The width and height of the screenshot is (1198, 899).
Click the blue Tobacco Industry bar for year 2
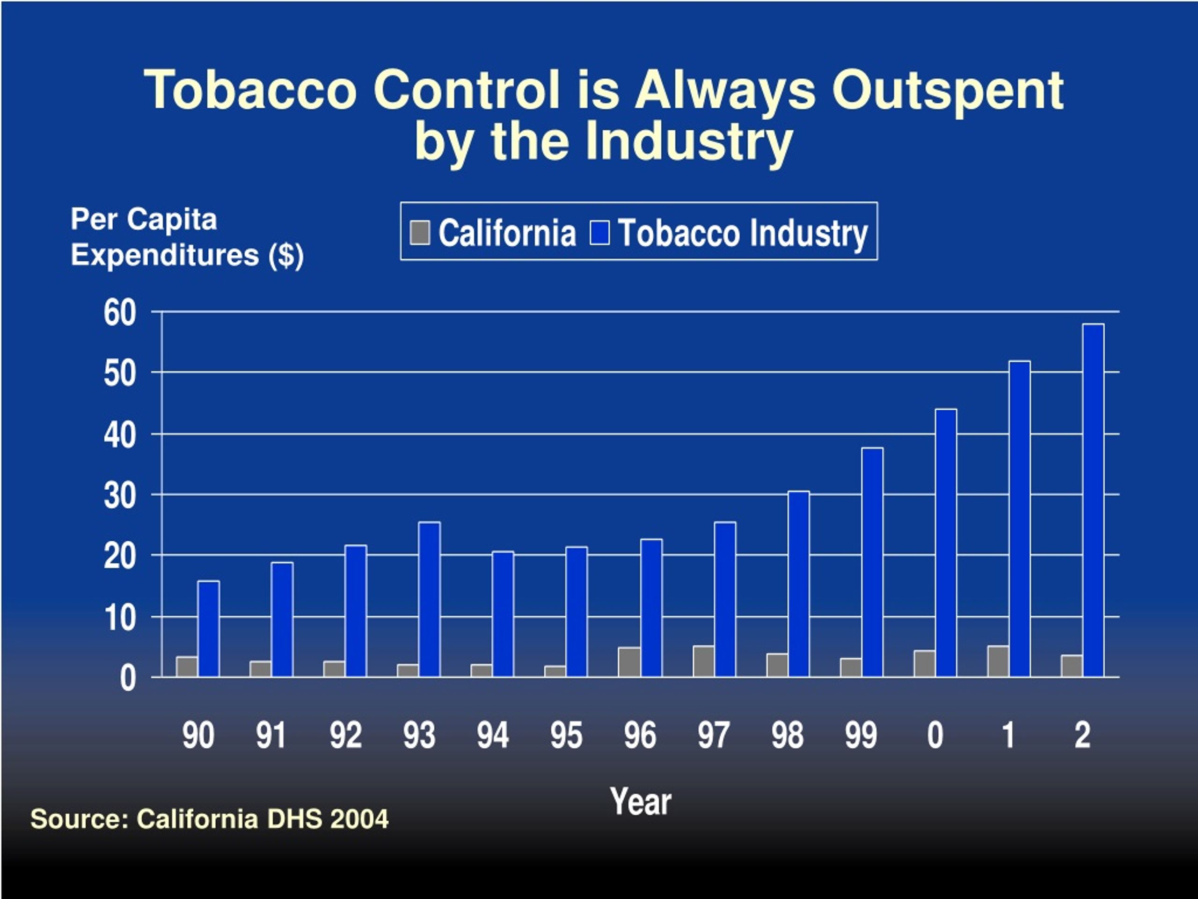1093,500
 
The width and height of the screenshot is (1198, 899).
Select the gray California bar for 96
629,662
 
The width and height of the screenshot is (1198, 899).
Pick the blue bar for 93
430,599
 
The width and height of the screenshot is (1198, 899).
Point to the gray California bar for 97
703,661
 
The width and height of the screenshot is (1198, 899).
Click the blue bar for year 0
946,543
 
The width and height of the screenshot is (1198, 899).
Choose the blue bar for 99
872,562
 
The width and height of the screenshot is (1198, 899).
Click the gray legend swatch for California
420,232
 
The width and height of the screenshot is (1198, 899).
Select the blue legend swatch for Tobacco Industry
599,232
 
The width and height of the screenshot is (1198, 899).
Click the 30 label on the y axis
120,496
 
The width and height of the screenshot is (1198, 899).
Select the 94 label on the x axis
492,735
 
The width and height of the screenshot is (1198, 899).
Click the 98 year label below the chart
788,735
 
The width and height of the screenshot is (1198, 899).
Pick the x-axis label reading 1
1008,735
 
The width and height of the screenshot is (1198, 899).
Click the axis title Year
641,802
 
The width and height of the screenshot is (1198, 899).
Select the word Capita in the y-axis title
172,220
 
